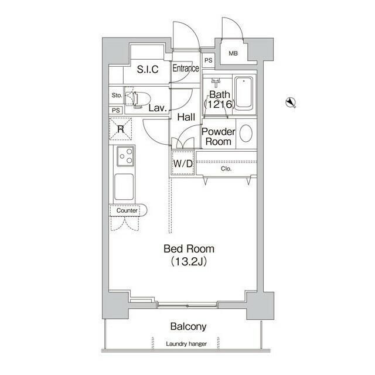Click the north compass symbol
pos(291,103)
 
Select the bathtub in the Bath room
pos(244,93)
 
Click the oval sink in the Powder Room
pos(246,134)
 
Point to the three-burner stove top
pos(125,156)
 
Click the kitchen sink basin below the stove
pos(124,186)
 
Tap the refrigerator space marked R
pos(121,129)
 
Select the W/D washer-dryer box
pos(183,163)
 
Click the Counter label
pos(127,210)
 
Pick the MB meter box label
pos(233,53)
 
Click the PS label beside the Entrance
pos(209,60)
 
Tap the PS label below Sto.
pos(116,111)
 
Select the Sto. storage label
pos(117,95)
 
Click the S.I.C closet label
pos(148,69)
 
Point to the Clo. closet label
pos(226,169)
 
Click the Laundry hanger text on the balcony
pos(186,344)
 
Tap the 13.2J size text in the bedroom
pos(189,262)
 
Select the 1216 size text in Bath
pos(220,104)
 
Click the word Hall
pos(186,117)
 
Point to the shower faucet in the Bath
pos(216,83)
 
